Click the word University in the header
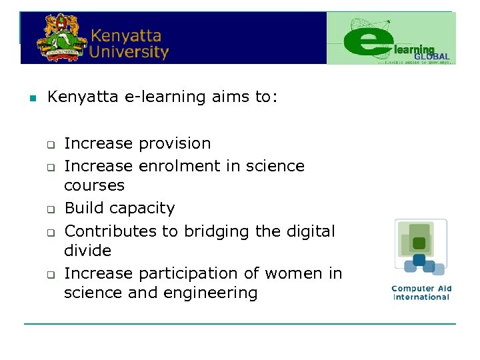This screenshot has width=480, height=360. [x=129, y=51]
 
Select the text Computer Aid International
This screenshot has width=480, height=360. [x=421, y=293]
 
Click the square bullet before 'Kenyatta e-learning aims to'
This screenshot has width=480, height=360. [x=31, y=99]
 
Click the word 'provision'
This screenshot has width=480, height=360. [x=174, y=143]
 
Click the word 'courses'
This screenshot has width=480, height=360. [x=94, y=185]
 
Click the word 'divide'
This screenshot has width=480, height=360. [x=87, y=250]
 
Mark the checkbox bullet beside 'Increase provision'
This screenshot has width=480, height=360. [x=49, y=145]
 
